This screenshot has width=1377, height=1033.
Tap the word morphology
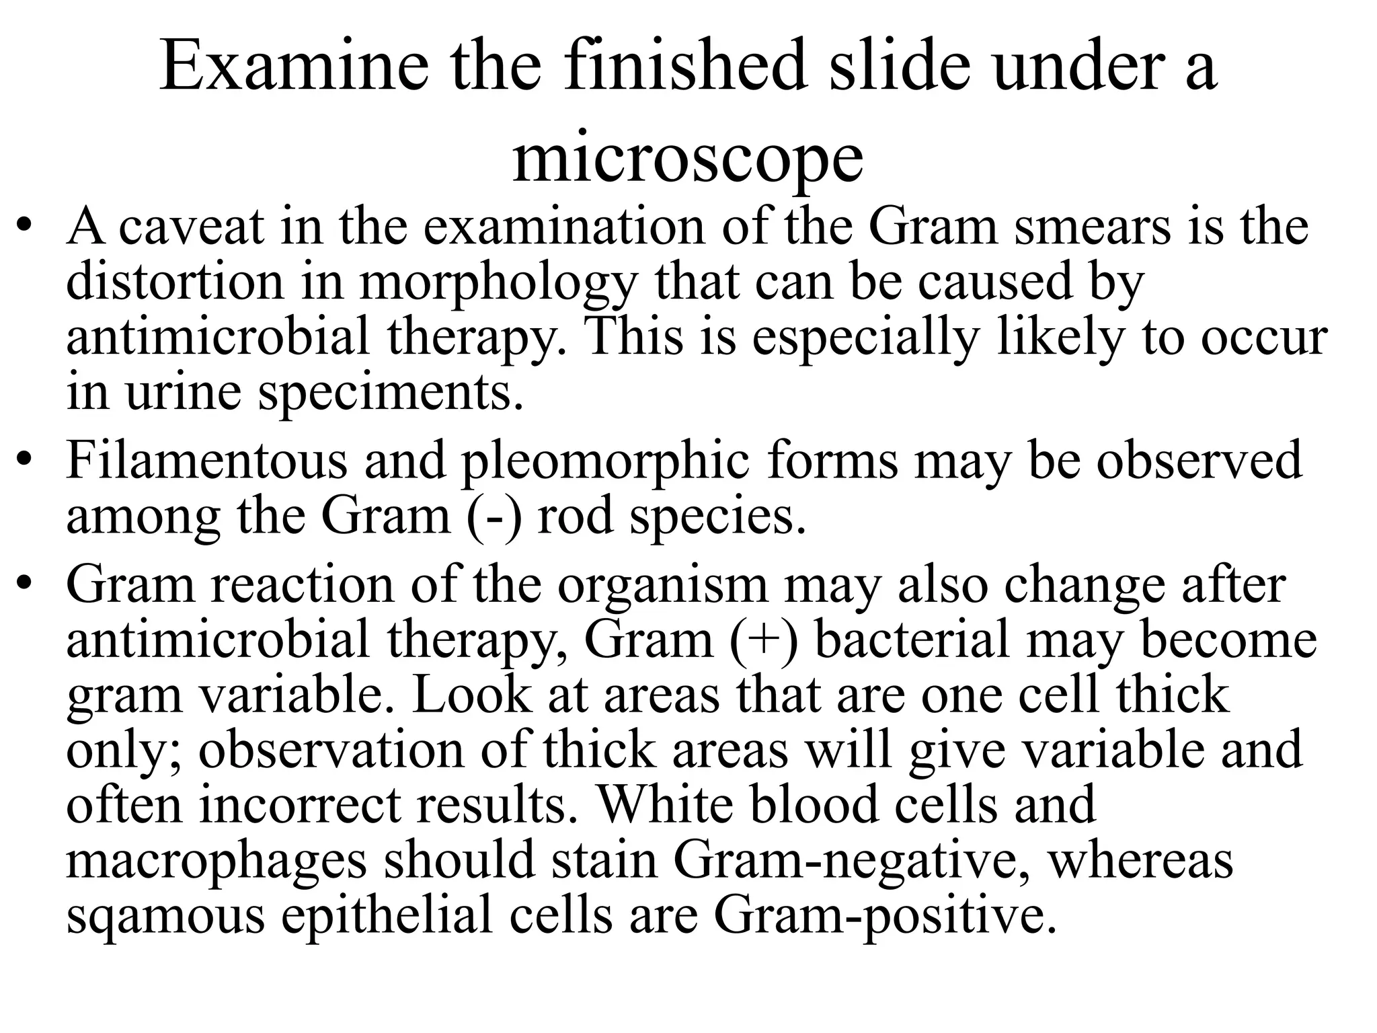[x=498, y=284]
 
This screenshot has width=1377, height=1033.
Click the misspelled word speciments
[x=390, y=393]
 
